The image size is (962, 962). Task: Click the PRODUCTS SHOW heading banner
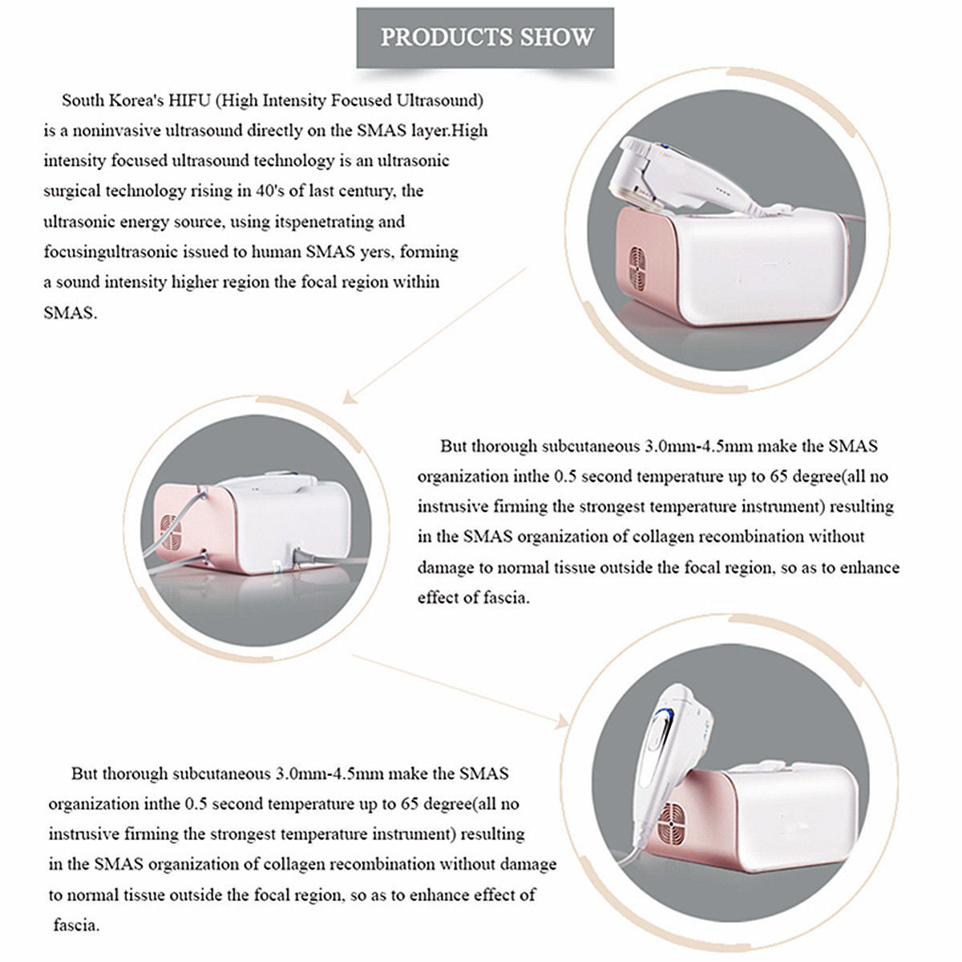pos(486,37)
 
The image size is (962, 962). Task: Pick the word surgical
pos(72,191)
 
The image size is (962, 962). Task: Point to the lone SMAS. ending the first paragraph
pos(70,313)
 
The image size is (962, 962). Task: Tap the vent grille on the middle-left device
pos(171,532)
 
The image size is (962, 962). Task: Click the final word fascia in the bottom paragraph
pos(75,925)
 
